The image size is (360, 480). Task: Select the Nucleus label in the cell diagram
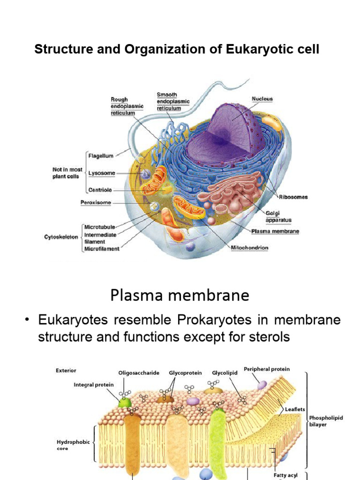[x=262, y=99]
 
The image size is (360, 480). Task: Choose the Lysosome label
[x=102, y=173]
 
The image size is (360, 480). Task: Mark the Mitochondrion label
[x=249, y=247]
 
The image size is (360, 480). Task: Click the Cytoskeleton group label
[x=61, y=237]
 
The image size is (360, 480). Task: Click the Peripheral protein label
[x=266, y=369]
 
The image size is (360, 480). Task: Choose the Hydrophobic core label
[x=69, y=445]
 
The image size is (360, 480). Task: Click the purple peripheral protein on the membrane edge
[x=261, y=384]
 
